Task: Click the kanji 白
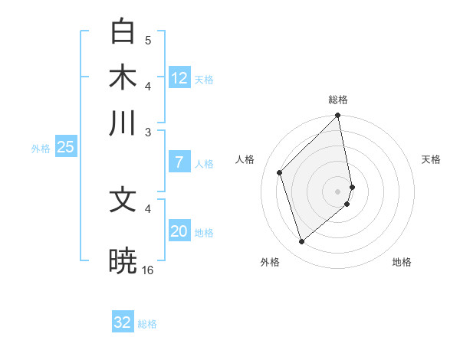[123, 32]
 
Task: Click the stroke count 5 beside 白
[148, 41]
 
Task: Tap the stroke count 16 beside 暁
[148, 270]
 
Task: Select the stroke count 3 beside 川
[148, 131]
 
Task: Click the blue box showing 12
[179, 78]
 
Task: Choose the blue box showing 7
[179, 162]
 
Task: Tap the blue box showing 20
[179, 231]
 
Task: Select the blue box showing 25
[65, 148]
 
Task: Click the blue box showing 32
[123, 322]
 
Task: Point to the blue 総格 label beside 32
[147, 324]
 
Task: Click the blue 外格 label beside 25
[40, 149]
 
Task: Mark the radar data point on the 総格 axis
[338, 116]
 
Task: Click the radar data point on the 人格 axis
[280, 172]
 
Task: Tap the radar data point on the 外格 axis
[302, 242]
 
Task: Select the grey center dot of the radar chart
[338, 191]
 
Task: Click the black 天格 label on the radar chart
[431, 159]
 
